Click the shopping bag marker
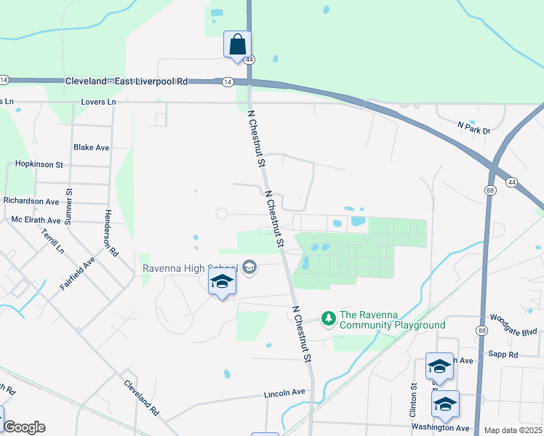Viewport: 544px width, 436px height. coord(237,44)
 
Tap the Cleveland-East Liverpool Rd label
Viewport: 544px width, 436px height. coord(127,81)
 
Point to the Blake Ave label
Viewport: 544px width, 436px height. coord(91,148)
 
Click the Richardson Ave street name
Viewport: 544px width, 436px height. coord(31,201)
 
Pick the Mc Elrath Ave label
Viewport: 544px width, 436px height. coord(36,219)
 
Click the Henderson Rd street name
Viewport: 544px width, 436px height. coord(111,234)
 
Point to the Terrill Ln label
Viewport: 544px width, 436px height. coord(53,240)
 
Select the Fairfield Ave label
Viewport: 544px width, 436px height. coord(78,272)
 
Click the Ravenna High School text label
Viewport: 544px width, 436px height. coord(191,267)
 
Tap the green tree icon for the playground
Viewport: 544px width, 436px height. coord(329,318)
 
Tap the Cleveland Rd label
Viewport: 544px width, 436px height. coord(141,397)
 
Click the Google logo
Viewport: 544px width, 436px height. coord(24,427)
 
